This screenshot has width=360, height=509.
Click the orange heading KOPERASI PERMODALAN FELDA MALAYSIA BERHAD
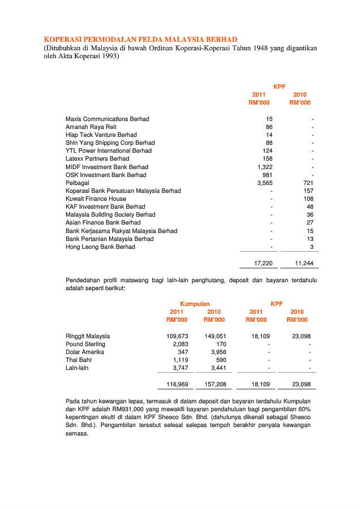coord(140,40)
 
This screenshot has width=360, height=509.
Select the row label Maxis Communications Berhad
coord(108,119)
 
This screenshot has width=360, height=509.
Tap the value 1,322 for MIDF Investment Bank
coord(265,167)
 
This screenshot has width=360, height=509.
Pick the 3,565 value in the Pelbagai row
coord(265,183)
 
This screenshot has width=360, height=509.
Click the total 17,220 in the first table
coord(264,264)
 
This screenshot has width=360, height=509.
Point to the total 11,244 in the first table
coord(304,264)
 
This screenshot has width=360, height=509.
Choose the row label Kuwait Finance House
coord(96,199)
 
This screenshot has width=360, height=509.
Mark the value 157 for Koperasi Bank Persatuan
coord(308,191)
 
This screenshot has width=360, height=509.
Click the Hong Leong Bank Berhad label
coord(100,247)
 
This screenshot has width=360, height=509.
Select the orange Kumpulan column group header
coord(195,304)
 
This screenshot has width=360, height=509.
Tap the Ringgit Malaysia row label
coord(88,336)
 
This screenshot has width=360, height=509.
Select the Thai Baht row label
coord(79,360)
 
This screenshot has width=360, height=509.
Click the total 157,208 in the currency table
coord(215,385)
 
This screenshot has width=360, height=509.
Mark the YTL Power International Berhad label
coord(109,151)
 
